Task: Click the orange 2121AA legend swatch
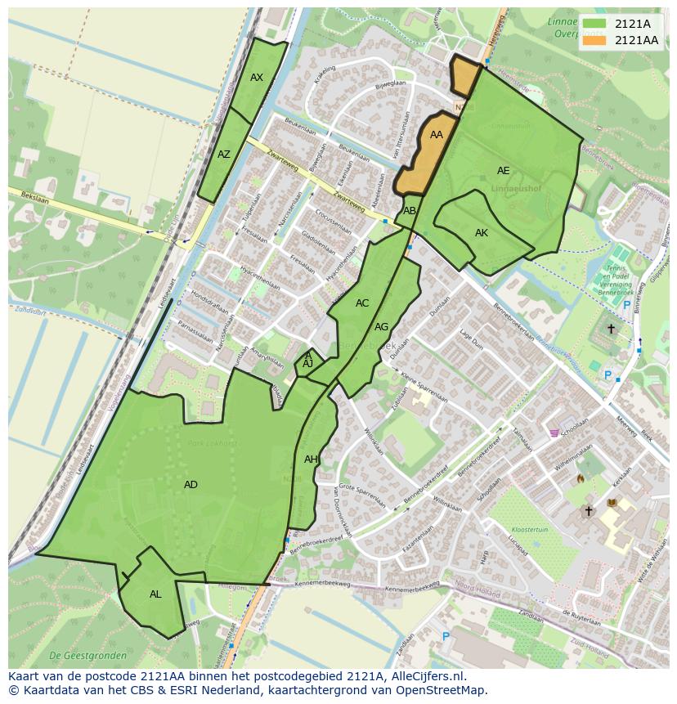595,40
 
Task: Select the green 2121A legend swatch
595,24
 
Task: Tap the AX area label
257,78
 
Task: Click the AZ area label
224,154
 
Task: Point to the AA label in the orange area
437,135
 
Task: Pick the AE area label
504,171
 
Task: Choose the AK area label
482,233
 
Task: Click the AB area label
410,211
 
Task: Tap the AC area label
362,303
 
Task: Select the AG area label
381,327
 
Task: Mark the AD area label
191,485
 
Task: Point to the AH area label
311,460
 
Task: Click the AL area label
155,594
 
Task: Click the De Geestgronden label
87,656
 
